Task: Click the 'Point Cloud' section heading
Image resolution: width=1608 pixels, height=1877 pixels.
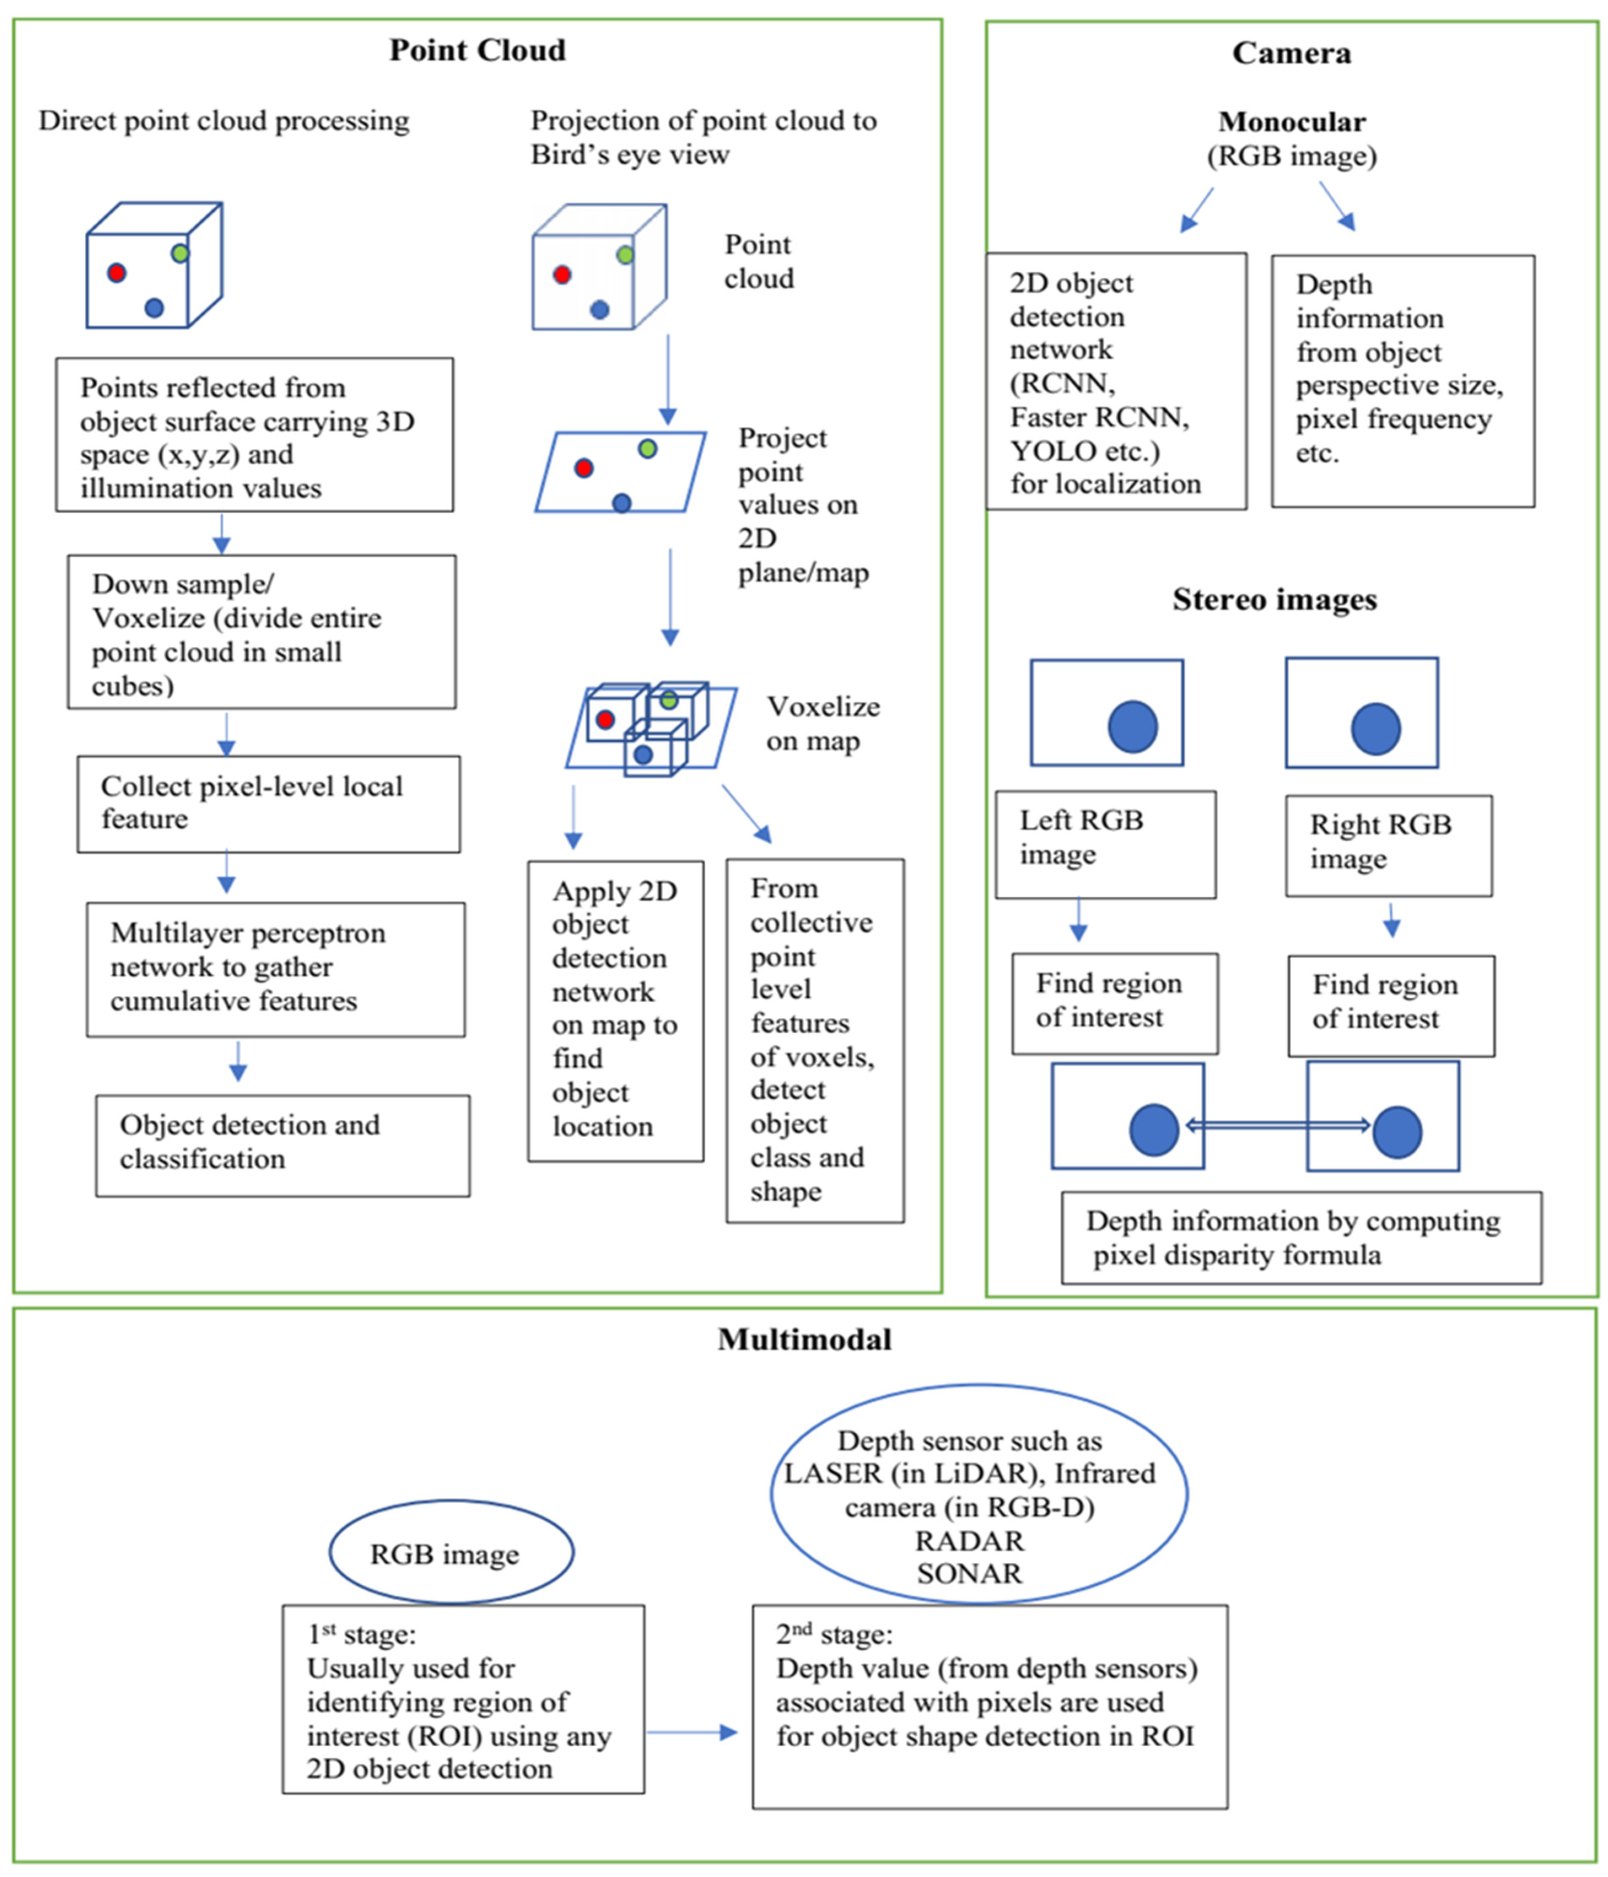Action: click(x=478, y=50)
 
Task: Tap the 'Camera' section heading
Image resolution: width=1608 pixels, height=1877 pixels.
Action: click(x=1291, y=54)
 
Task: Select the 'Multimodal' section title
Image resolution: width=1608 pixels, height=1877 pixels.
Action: click(x=804, y=1339)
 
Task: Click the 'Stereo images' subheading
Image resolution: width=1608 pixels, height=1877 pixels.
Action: click(x=1275, y=600)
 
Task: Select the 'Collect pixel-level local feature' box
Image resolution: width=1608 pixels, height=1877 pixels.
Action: click(x=268, y=804)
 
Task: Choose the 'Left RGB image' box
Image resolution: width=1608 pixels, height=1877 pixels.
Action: click(x=1105, y=844)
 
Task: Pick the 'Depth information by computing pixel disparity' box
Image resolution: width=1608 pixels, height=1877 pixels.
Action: click(x=1301, y=1238)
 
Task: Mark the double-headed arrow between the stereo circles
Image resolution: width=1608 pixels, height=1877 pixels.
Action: click(x=1277, y=1125)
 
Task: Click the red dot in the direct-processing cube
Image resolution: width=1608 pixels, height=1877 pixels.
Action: click(x=116, y=272)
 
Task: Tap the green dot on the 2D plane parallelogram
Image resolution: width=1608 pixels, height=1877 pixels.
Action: click(x=647, y=448)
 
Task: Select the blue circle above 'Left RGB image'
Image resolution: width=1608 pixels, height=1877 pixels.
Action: click(x=1133, y=726)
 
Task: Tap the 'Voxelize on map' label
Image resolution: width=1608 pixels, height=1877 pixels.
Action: click(x=823, y=723)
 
